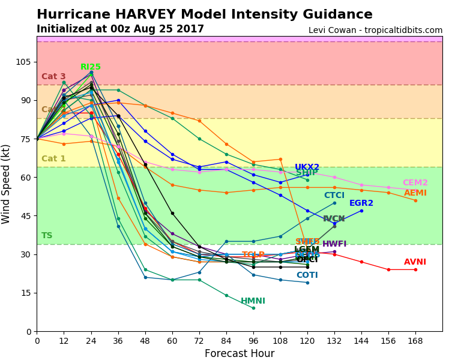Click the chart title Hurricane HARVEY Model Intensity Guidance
[x=204, y=14]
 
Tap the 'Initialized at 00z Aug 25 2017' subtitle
[x=120, y=29]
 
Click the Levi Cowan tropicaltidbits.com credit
[x=375, y=30]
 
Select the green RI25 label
[x=91, y=67]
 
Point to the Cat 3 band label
[x=53, y=77]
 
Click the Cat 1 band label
[x=53, y=159]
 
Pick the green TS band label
[x=47, y=236]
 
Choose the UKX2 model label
[x=307, y=167]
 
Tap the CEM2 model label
[x=415, y=183]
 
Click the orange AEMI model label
[x=415, y=193]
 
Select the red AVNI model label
[x=415, y=262]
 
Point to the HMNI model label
[x=253, y=301]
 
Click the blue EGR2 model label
[x=361, y=203]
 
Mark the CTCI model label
[x=334, y=196]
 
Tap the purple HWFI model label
[x=334, y=244]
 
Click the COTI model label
[x=307, y=275]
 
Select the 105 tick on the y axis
[x=23, y=62]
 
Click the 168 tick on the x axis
[x=415, y=341]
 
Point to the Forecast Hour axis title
[x=240, y=353]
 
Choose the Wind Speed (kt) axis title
[x=7, y=184]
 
